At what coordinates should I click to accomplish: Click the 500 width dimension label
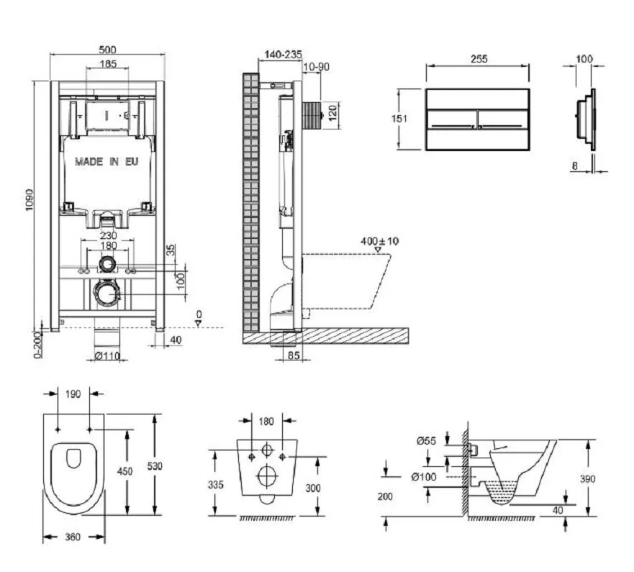(x=107, y=50)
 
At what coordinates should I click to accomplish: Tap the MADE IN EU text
(x=107, y=162)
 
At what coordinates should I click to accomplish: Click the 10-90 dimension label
(x=315, y=67)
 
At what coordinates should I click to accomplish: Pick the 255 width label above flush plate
(x=478, y=59)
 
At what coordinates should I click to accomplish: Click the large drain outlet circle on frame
(x=108, y=294)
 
